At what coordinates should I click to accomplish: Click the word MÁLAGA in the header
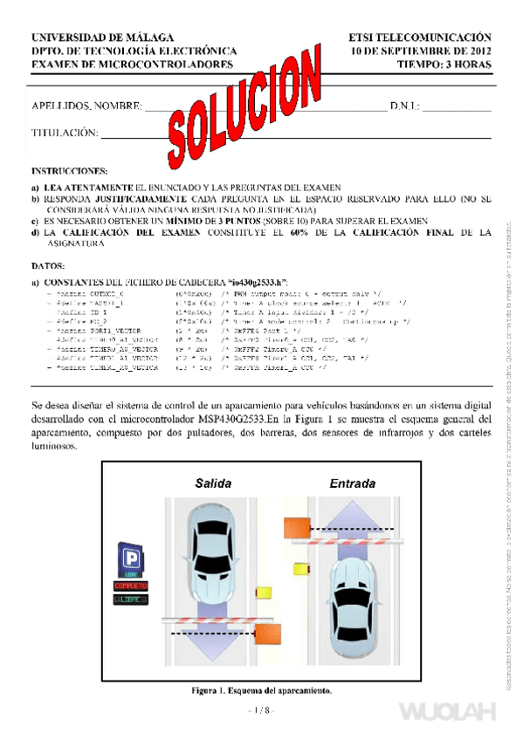tap(148, 38)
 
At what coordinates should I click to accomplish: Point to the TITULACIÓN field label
tap(63, 134)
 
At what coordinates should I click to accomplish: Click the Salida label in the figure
tap(213, 483)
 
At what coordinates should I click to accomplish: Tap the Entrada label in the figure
tap(353, 483)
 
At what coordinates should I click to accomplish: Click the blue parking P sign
tap(131, 558)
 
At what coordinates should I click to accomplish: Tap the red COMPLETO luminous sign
tap(130, 586)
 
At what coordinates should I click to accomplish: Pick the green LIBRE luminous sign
tap(130, 600)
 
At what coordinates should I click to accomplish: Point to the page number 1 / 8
tap(261, 710)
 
